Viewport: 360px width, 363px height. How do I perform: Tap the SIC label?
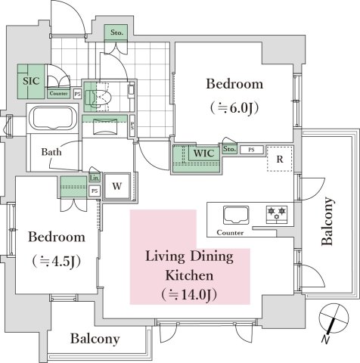(x=29, y=79)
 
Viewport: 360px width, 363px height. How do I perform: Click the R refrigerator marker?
(x=279, y=159)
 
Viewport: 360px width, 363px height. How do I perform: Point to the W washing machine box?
(x=117, y=186)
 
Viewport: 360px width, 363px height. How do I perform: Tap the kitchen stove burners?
(x=276, y=214)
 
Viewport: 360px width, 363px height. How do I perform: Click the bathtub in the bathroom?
(x=51, y=119)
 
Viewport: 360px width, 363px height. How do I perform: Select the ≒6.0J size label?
(x=234, y=107)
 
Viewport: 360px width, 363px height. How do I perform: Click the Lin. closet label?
(x=94, y=178)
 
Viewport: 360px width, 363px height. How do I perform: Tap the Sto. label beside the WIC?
(x=230, y=149)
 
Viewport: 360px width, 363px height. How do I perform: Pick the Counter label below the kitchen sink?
(x=230, y=233)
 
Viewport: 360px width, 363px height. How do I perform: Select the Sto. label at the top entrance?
(x=116, y=33)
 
